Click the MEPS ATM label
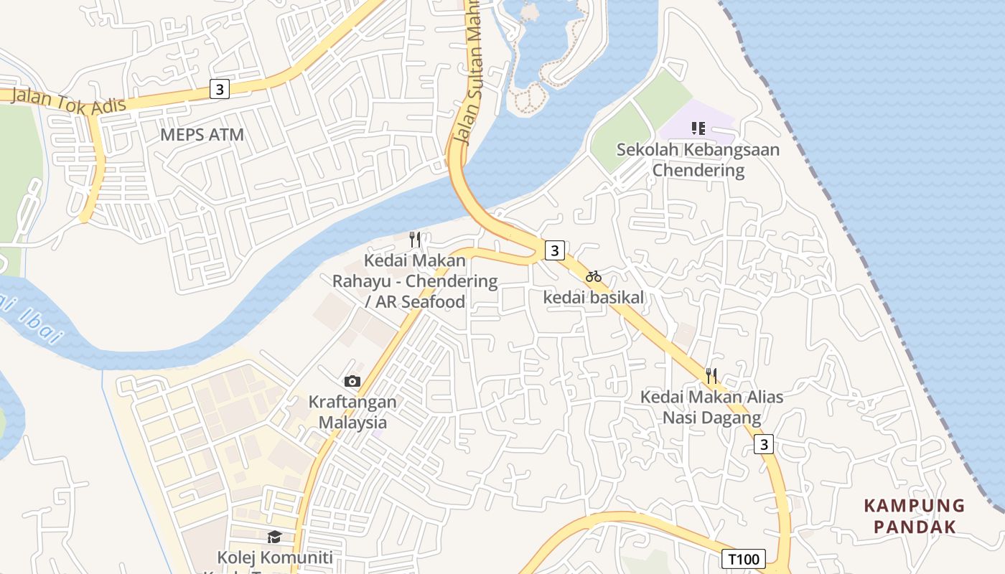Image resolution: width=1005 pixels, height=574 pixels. pyautogui.click(x=202, y=134)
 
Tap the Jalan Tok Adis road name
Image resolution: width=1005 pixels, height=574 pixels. pyautogui.click(x=69, y=102)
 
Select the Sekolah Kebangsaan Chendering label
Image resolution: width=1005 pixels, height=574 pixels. pyautogui.click(x=698, y=160)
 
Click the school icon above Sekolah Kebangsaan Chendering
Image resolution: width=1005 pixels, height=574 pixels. pyautogui.click(x=698, y=128)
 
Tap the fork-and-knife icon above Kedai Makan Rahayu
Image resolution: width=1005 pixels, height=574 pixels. pyautogui.click(x=415, y=239)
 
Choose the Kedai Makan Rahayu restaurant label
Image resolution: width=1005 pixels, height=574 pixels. pyautogui.click(x=415, y=281)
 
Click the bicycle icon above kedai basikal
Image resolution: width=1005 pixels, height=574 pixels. pyautogui.click(x=594, y=276)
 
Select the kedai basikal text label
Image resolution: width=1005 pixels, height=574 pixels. pyautogui.click(x=594, y=296)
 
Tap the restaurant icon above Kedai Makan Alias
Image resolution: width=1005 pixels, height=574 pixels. pyautogui.click(x=711, y=375)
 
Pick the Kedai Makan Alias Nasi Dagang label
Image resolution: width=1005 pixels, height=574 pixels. pyautogui.click(x=711, y=407)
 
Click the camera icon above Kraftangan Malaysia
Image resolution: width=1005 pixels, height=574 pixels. pyautogui.click(x=352, y=381)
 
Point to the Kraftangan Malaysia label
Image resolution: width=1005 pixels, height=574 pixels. pyautogui.click(x=352, y=412)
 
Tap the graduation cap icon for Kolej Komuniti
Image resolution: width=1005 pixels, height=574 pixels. pyautogui.click(x=274, y=537)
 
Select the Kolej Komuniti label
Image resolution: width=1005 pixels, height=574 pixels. pyautogui.click(x=275, y=557)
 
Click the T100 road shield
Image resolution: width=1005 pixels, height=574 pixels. pyautogui.click(x=744, y=559)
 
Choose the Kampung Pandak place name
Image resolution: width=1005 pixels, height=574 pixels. pyautogui.click(x=915, y=516)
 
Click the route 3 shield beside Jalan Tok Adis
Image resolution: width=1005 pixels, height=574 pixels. pyautogui.click(x=220, y=89)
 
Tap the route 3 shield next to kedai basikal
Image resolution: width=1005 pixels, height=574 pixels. pyautogui.click(x=554, y=250)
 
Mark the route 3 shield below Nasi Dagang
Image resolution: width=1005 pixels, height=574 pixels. pyautogui.click(x=764, y=445)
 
